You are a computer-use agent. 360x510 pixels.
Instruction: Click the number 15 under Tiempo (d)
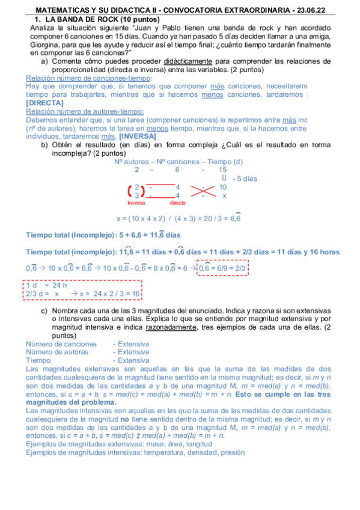pos(223,170)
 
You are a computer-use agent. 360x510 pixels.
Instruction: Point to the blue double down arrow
pos(224,179)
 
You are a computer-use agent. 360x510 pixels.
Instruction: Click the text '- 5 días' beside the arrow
pos(245,179)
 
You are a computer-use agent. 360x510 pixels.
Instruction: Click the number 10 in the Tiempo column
pos(223,187)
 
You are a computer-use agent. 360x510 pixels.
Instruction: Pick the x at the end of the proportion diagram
pos(224,195)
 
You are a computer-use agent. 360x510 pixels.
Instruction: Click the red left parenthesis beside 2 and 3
pos(130,191)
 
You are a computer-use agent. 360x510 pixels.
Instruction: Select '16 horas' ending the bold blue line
pos(323,251)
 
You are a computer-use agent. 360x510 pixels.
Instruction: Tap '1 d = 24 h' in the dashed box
pos(46,285)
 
